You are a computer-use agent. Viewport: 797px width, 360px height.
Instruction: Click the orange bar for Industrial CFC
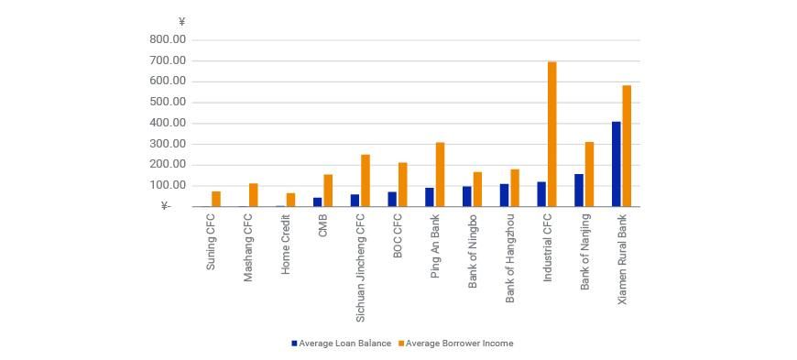[551, 134]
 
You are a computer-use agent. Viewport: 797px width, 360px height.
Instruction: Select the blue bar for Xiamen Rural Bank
[616, 164]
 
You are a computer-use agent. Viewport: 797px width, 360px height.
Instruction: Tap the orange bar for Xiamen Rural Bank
[627, 146]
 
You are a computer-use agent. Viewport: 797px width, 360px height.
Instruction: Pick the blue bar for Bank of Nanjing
[579, 190]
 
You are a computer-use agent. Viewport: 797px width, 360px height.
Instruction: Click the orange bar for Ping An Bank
[440, 174]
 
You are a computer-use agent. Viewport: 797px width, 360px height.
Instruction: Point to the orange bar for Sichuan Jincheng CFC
[366, 180]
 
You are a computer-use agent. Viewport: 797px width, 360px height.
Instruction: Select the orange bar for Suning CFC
[216, 199]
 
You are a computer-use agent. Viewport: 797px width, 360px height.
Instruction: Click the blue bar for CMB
[317, 202]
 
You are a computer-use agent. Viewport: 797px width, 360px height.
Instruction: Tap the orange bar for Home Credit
[290, 200]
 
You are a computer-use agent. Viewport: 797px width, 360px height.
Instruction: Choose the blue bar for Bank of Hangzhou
[504, 195]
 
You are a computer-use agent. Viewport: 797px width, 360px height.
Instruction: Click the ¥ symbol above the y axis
[181, 22]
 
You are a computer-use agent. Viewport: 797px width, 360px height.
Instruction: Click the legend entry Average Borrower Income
[458, 344]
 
